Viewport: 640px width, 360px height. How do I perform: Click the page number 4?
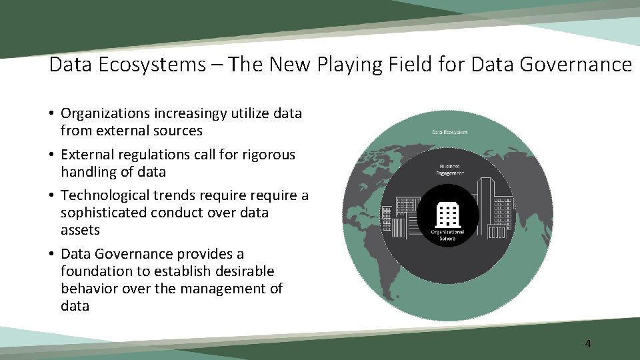pos(587,344)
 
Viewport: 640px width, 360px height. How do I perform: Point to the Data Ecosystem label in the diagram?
pos(450,132)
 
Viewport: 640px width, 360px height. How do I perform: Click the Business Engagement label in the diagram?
pos(449,169)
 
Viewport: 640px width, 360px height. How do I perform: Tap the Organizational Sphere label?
pos(447,234)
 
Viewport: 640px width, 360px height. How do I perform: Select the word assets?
pos(80,230)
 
